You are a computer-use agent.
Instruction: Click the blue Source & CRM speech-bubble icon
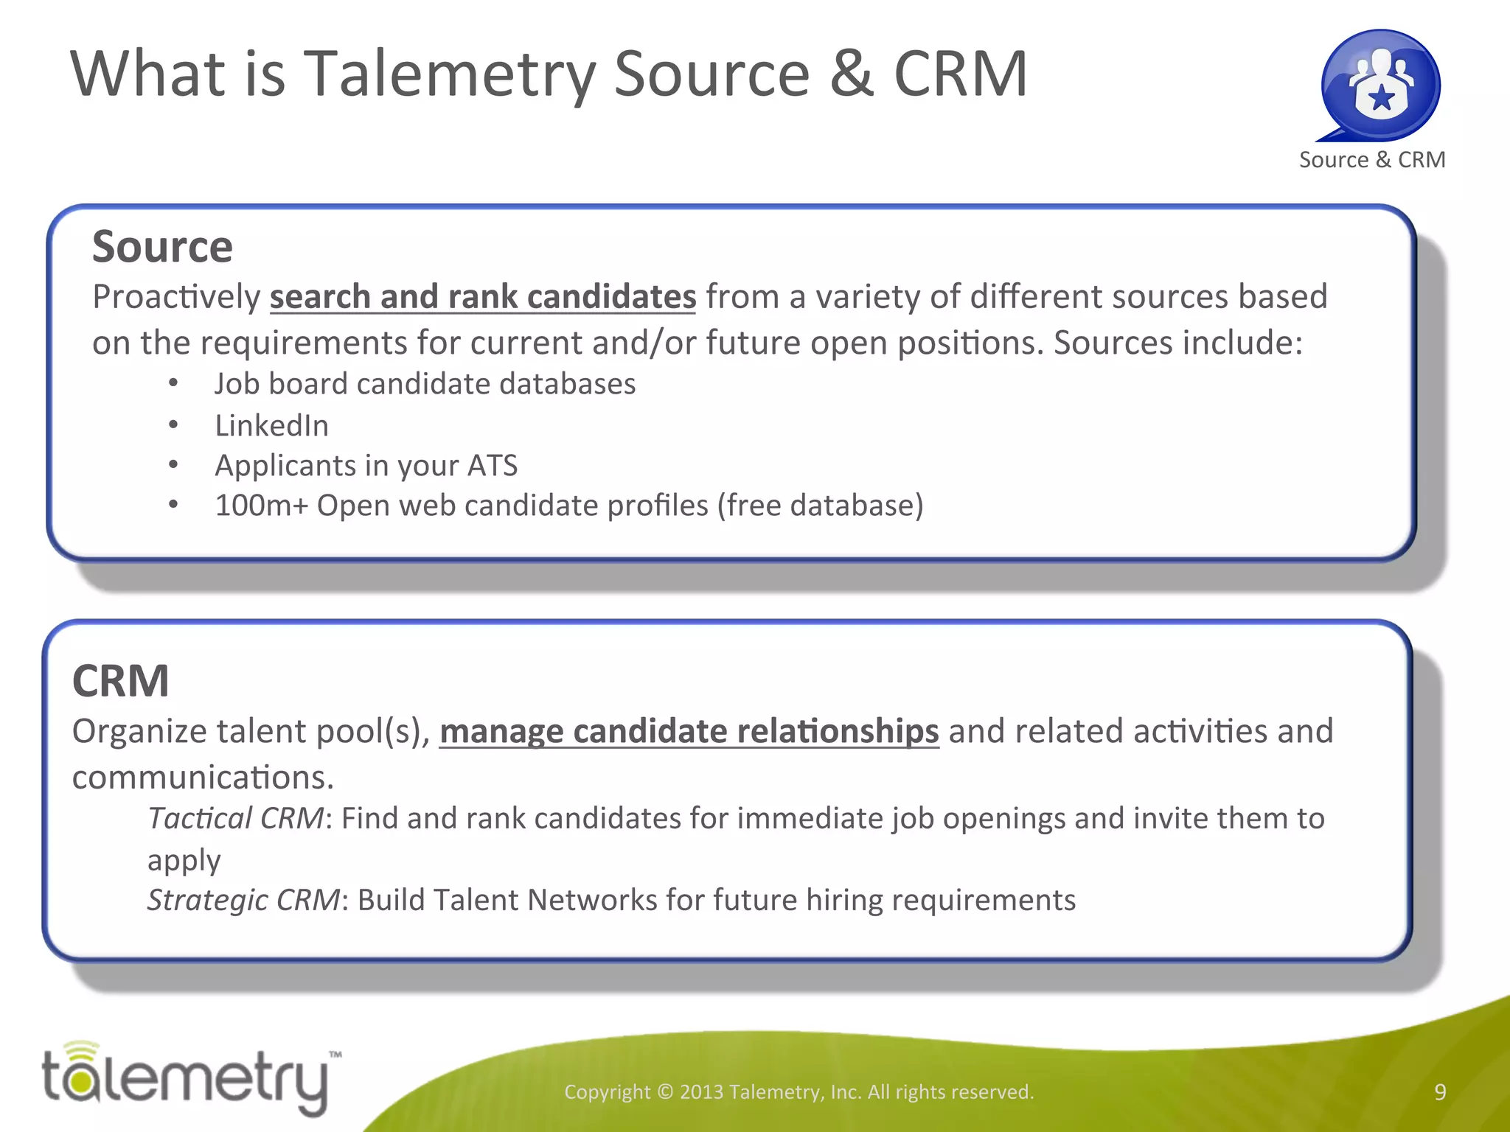coord(1380,85)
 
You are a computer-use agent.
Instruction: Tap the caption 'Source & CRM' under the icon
coord(1372,160)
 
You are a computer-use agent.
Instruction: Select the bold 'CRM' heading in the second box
coord(121,680)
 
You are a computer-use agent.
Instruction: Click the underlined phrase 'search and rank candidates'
coord(483,297)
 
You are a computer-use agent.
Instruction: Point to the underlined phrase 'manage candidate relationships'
coord(689,732)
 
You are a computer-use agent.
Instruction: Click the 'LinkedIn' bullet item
coord(271,426)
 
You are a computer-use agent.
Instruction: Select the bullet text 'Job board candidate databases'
coord(425,384)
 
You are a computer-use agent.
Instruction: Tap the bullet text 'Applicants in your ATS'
coord(366,466)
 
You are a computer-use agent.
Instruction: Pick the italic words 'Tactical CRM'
coord(235,819)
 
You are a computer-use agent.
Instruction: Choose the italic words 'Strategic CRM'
coord(243,901)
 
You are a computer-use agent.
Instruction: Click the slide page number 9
coord(1440,1092)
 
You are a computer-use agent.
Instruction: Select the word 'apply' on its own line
coord(184,861)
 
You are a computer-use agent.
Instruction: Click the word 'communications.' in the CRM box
coord(203,778)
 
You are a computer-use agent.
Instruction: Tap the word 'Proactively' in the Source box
coord(176,297)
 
